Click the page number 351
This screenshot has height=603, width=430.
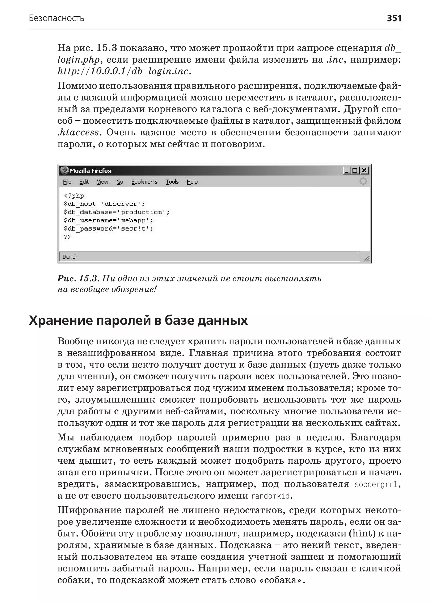394,18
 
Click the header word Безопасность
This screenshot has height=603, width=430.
56,18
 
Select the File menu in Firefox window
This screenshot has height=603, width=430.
67,182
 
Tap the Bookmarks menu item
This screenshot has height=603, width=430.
144,182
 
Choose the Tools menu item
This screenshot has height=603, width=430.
172,182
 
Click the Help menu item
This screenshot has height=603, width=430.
192,182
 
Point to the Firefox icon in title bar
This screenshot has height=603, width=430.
64,170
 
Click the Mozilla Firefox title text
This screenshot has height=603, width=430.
90,171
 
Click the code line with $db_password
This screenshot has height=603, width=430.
108,229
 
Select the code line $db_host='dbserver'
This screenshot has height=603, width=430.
104,204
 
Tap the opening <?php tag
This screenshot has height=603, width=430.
74,196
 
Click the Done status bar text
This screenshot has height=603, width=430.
69,257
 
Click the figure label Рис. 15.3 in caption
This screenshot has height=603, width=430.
78,278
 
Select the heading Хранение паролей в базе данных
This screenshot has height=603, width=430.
138,320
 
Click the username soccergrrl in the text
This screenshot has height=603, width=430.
376,484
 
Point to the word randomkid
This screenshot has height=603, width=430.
270,496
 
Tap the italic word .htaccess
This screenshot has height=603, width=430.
78,132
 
